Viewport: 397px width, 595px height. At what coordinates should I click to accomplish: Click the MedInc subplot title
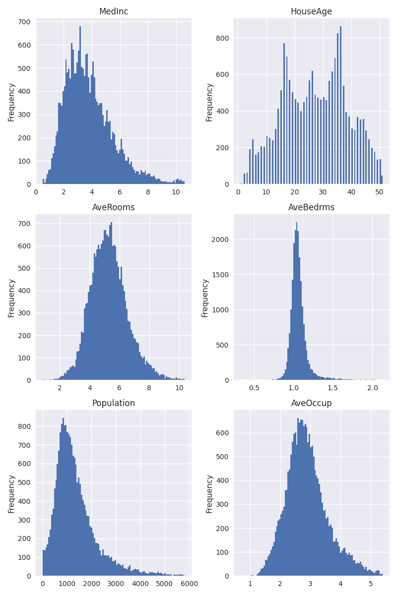pyautogui.click(x=114, y=11)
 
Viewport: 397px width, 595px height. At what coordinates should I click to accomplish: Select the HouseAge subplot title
pyautogui.click(x=311, y=11)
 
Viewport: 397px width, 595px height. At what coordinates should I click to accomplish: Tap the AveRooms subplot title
pyautogui.click(x=114, y=207)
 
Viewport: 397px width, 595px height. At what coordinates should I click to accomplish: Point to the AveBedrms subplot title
pyautogui.click(x=311, y=207)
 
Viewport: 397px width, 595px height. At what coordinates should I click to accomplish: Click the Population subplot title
pyautogui.click(x=114, y=403)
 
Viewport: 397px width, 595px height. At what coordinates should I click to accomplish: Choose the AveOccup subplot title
pyautogui.click(x=311, y=403)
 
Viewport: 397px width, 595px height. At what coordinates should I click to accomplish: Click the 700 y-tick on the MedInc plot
pyautogui.click(x=24, y=22)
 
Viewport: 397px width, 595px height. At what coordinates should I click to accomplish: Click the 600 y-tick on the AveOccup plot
pyautogui.click(x=222, y=433)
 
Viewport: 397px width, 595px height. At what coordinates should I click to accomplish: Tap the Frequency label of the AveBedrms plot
pyautogui.click(x=205, y=297)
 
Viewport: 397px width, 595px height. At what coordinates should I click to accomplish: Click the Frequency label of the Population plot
pyautogui.click(x=11, y=493)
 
